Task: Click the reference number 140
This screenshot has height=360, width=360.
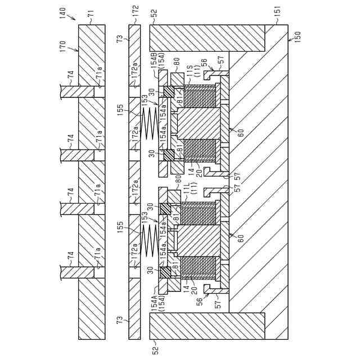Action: [x=62, y=11]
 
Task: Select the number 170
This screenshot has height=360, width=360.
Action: [x=62, y=46]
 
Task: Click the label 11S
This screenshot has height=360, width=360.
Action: [x=191, y=72]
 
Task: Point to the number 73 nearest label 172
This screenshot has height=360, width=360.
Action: [x=119, y=39]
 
